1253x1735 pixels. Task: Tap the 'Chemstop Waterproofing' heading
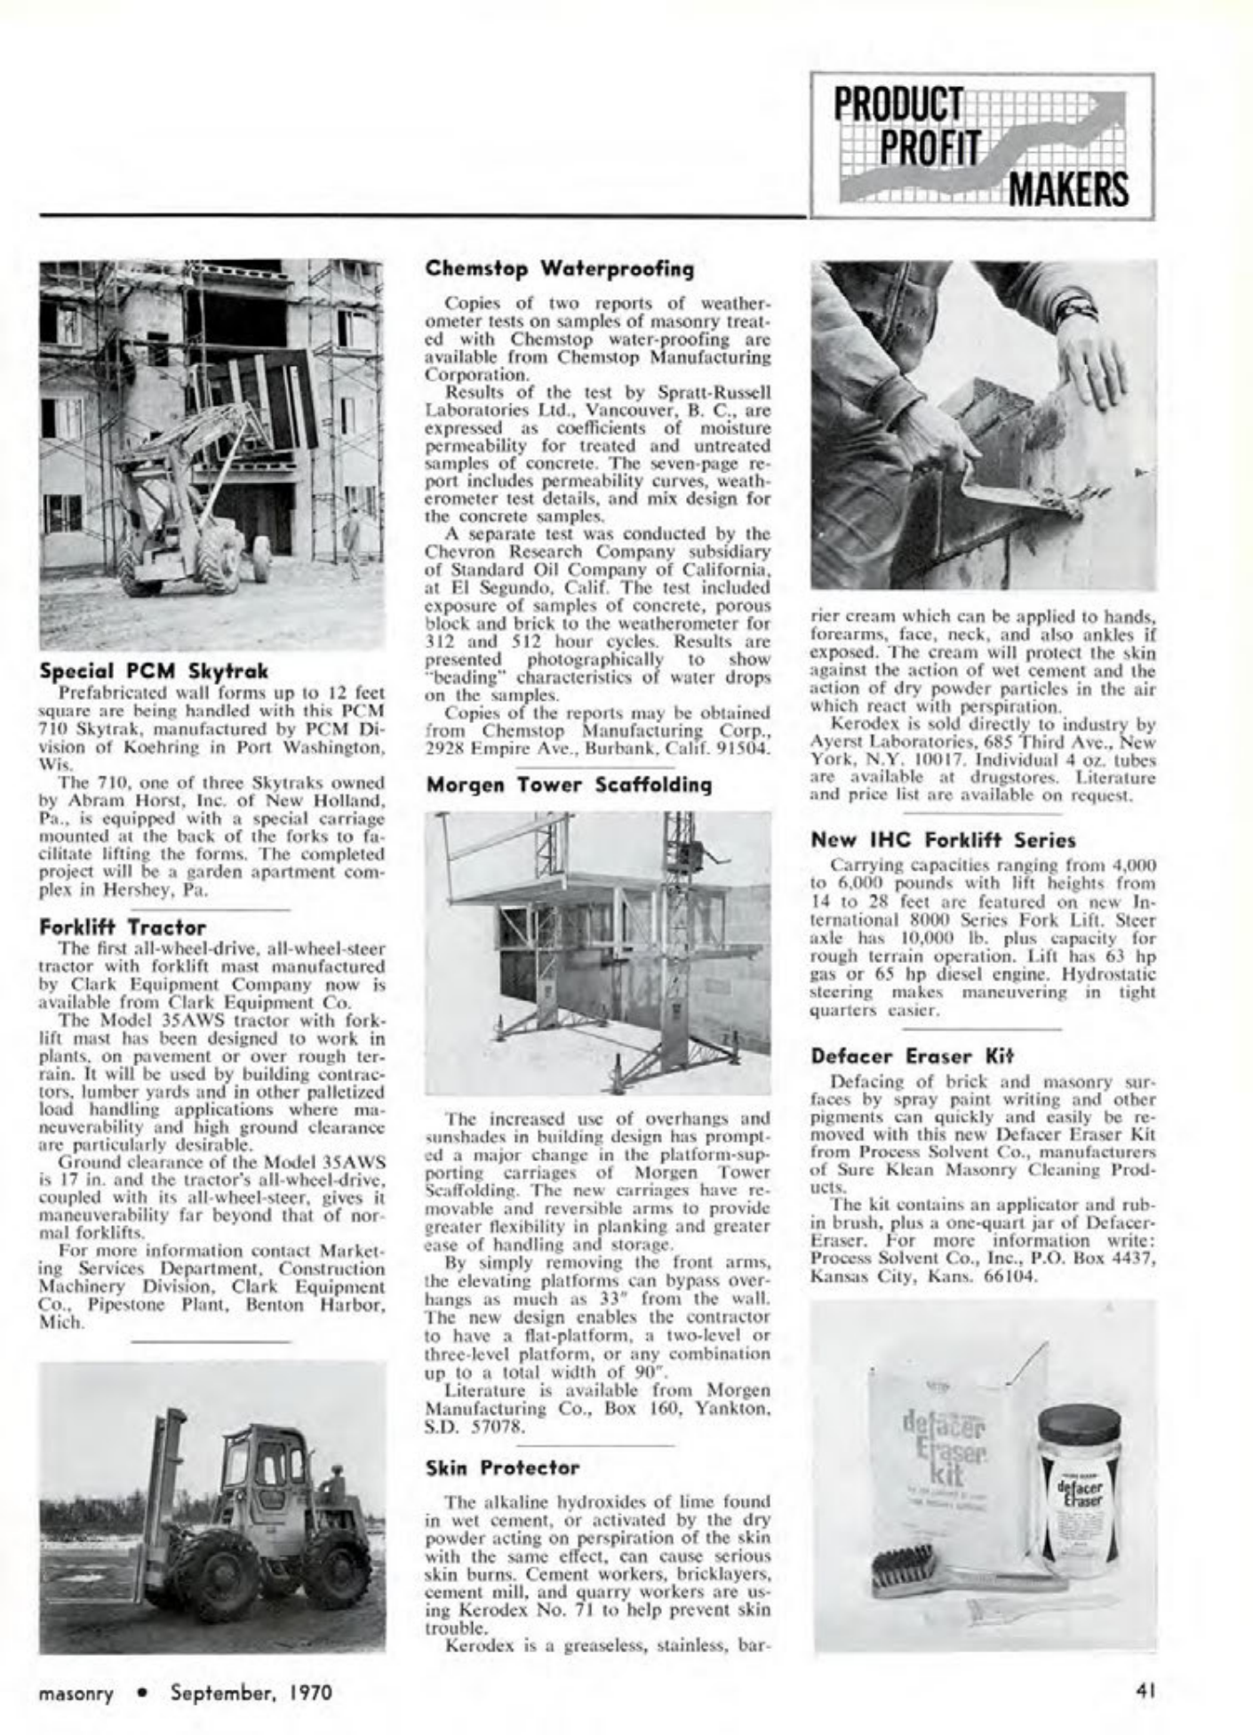pos(560,267)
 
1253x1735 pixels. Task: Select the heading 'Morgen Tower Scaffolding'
pos(570,784)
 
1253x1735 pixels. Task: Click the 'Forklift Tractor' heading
pos(123,927)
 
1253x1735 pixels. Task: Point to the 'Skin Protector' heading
pos(503,1468)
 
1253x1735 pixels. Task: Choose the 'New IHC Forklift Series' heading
pos(944,840)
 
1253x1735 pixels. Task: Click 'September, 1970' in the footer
pos(251,1691)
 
